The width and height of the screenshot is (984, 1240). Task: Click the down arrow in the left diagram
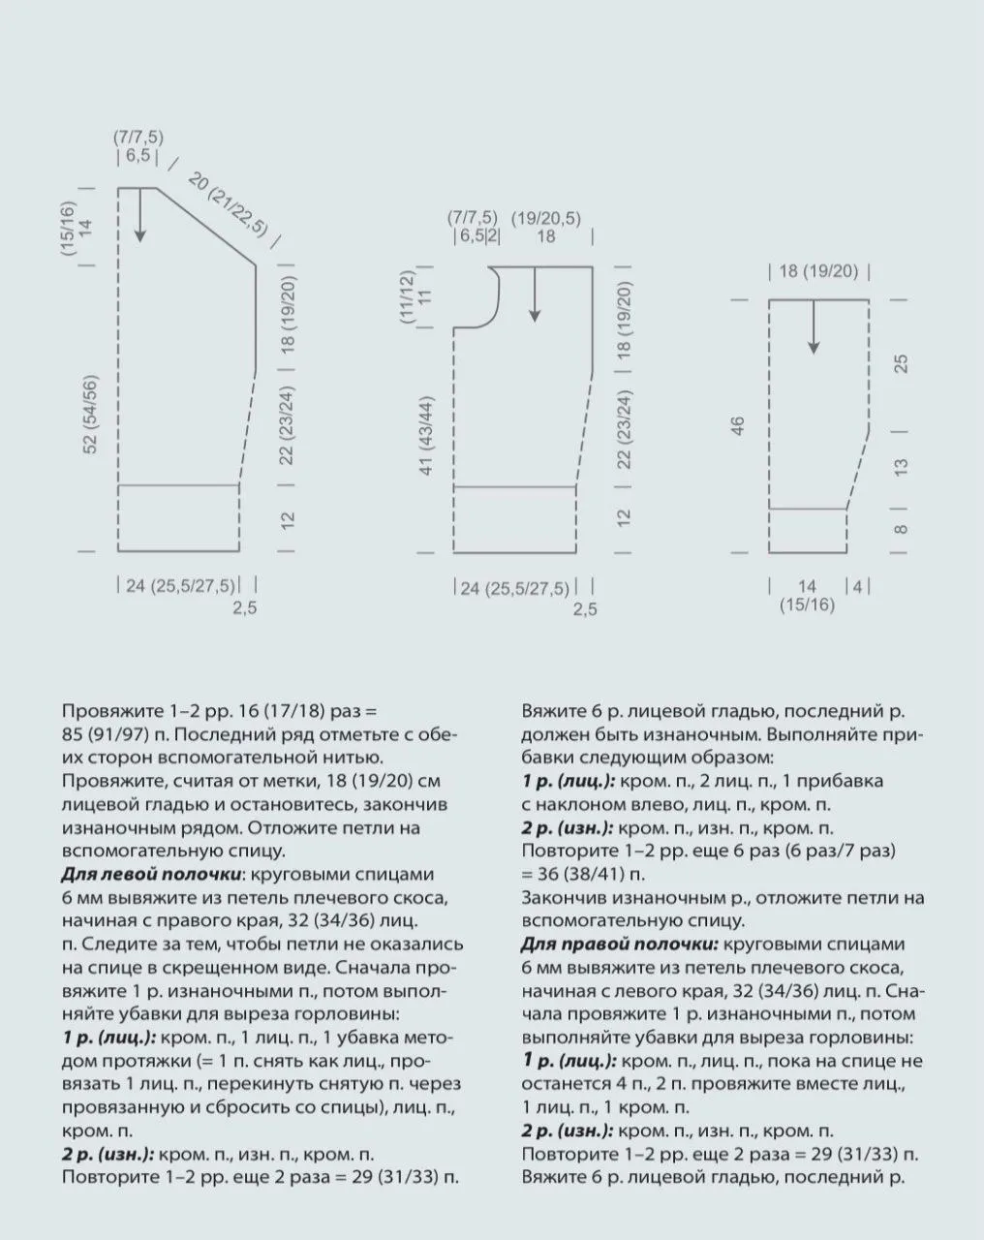click(x=140, y=215)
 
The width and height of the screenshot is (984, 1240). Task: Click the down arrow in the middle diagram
click(x=534, y=294)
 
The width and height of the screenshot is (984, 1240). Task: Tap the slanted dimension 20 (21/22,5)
click(x=228, y=205)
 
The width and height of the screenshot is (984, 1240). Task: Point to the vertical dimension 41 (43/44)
click(x=427, y=434)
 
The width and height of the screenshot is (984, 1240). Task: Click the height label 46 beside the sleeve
click(x=738, y=426)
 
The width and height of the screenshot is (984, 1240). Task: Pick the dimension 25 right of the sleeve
click(x=901, y=364)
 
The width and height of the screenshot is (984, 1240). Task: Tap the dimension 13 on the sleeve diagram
click(x=901, y=466)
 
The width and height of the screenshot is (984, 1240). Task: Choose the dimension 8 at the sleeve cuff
click(x=901, y=529)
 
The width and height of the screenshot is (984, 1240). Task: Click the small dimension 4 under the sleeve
click(x=857, y=586)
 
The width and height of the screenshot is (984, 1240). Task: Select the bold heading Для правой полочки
click(x=620, y=944)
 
